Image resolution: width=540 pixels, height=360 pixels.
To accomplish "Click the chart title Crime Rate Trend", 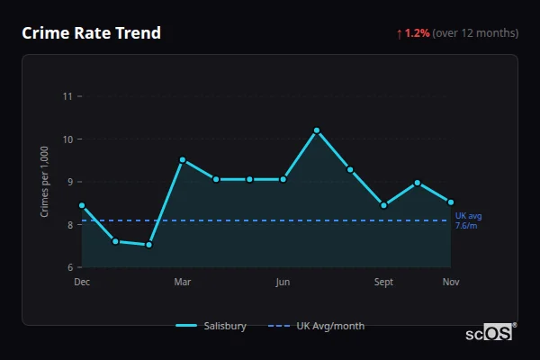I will coord(91,33).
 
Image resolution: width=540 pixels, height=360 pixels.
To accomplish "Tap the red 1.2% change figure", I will coord(418,33).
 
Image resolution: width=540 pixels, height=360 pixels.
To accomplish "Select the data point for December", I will coord(82,205).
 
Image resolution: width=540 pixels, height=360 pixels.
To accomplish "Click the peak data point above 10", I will coord(317,130).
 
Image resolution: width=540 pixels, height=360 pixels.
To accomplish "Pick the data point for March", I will coord(183,160).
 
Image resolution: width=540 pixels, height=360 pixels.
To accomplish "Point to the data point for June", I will coord(283,179).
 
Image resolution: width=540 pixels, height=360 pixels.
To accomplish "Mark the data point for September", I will coord(384,205).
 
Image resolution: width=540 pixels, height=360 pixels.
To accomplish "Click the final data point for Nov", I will coord(451,202).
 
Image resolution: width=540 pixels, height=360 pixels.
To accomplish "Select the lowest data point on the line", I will coord(149,245).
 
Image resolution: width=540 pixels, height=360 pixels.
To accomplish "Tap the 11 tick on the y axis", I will coord(67,96).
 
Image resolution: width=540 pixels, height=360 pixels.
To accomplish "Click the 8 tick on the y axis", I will coord(68,225).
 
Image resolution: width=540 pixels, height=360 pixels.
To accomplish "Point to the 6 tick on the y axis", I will coord(68,267).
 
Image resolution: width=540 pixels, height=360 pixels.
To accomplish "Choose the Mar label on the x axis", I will coord(183,283).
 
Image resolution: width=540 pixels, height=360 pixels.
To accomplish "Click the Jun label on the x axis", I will coord(283,283).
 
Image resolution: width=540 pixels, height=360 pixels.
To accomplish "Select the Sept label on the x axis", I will coord(384,283).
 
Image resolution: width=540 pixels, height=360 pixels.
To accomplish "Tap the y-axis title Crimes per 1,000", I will coord(45,182).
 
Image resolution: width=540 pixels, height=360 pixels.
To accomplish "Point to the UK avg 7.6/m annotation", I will coord(468,220).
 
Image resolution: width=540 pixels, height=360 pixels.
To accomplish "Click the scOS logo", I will coord(489,333).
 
